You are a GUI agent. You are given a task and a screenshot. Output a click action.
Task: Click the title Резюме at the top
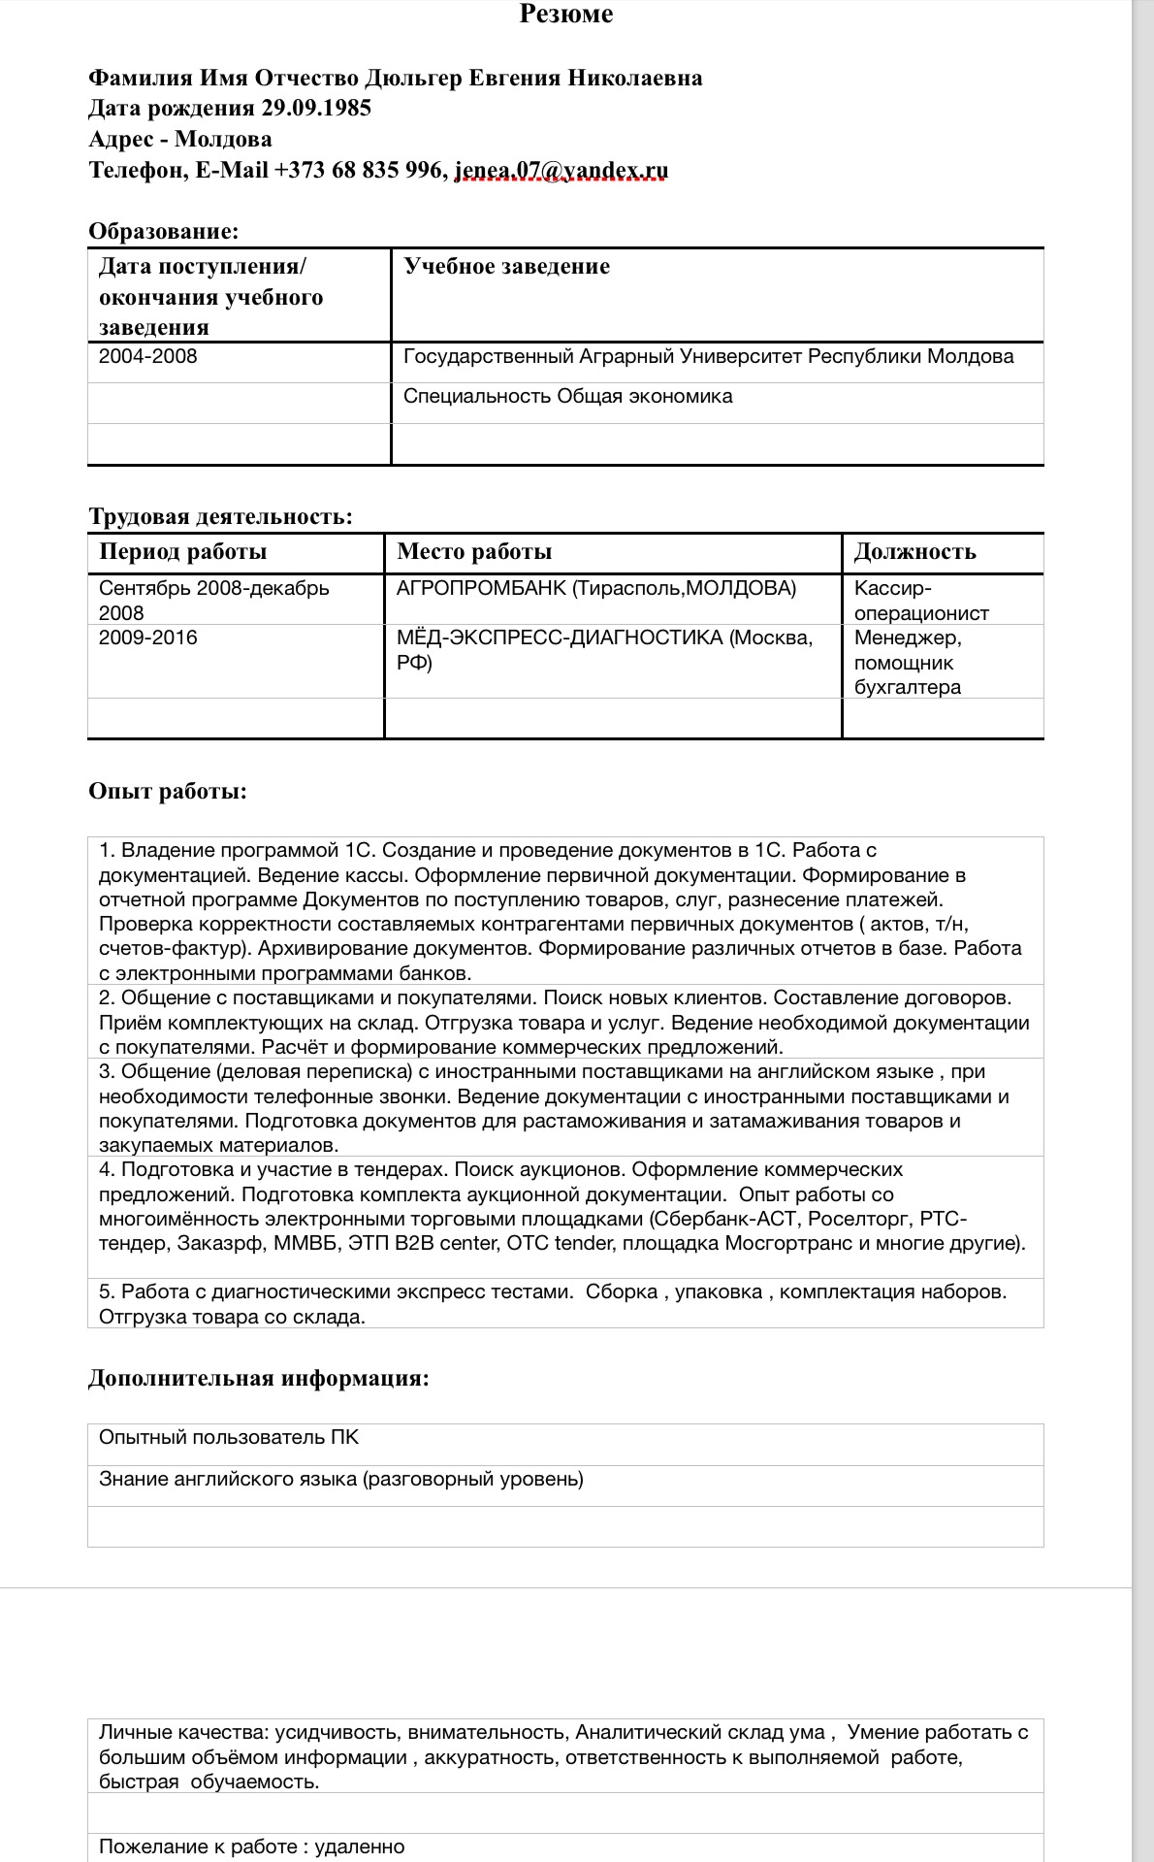[x=565, y=14]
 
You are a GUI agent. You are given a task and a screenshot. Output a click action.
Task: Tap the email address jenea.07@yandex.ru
[x=561, y=170]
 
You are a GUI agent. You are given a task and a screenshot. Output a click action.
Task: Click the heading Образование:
[x=163, y=231]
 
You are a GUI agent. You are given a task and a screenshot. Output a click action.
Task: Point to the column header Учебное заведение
[x=506, y=266]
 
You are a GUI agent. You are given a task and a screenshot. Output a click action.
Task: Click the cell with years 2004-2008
[x=147, y=356]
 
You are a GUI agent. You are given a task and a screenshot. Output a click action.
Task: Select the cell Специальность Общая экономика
[x=567, y=396]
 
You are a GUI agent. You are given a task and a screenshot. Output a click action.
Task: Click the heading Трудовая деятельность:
[x=220, y=516]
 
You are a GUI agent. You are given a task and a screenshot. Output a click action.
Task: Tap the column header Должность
[x=914, y=551]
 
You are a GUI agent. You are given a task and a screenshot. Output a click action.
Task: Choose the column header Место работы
[x=474, y=551]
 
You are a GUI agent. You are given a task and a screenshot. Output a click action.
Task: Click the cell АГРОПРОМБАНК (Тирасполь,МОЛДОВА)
[x=595, y=588]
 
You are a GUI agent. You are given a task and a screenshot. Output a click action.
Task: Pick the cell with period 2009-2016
[x=147, y=637]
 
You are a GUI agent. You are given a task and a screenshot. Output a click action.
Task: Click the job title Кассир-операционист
[x=920, y=601]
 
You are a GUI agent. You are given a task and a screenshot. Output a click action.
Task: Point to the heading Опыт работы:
[x=168, y=791]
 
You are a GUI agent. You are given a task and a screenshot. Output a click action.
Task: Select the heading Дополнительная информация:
[x=258, y=1378]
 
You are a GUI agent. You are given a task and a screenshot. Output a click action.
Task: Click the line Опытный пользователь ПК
[x=229, y=1437]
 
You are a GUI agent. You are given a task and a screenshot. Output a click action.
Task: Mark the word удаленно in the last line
[x=360, y=1846]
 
